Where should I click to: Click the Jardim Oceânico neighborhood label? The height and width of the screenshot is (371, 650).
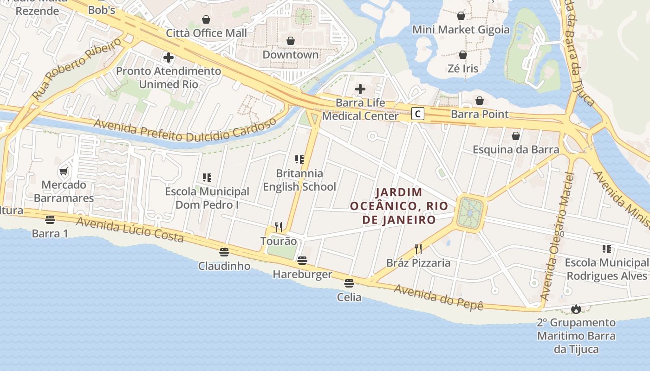point(399,205)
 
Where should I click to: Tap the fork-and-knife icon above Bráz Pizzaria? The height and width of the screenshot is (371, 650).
point(418,249)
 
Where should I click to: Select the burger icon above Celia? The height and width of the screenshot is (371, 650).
point(349,283)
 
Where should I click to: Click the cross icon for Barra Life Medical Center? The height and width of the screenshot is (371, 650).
point(360,89)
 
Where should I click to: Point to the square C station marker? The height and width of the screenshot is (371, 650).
point(418,114)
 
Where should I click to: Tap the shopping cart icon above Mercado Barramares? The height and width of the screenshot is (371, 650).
point(64,171)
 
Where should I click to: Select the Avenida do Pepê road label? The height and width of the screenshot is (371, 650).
point(438,297)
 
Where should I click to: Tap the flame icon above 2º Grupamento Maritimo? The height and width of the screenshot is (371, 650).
point(576,309)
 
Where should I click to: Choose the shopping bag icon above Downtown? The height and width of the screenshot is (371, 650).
point(291,41)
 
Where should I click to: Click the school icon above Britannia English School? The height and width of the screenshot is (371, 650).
point(299,160)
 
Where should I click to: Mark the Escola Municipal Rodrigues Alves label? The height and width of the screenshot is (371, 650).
point(606,269)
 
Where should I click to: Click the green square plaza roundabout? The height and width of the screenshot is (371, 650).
point(470,213)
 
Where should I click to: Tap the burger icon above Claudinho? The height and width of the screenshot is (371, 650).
point(224,252)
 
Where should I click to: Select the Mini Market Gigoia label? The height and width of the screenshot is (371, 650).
point(461,30)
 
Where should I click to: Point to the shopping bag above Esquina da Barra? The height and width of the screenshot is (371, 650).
point(515,136)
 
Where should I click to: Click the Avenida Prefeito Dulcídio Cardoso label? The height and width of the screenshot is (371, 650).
point(186,131)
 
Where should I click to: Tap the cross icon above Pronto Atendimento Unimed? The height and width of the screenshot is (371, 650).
point(169,58)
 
